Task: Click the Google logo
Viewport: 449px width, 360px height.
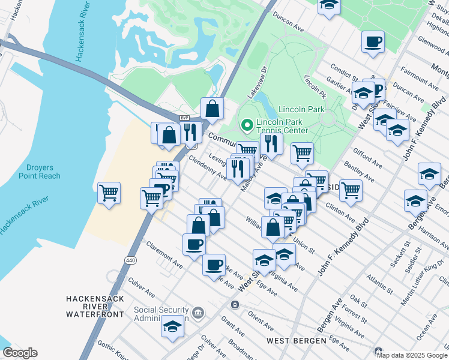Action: pyautogui.click(x=20, y=353)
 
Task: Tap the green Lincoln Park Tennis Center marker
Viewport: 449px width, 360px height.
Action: pyautogui.click(x=246, y=125)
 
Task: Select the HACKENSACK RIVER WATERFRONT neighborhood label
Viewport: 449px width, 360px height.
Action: pyautogui.click(x=95, y=306)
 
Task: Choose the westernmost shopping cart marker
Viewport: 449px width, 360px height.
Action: pyautogui.click(x=109, y=193)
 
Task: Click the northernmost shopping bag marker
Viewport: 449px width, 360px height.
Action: pyautogui.click(x=212, y=109)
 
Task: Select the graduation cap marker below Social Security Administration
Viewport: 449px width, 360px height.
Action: pyautogui.click(x=172, y=326)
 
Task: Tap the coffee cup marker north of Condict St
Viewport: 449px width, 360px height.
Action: pyautogui.click(x=373, y=42)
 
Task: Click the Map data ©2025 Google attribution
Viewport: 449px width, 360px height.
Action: pyautogui.click(x=412, y=355)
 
